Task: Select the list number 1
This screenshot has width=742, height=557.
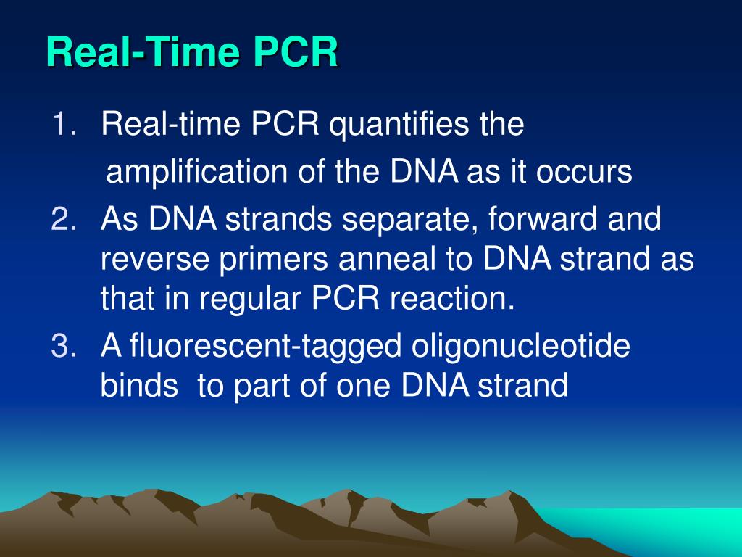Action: pos(64,123)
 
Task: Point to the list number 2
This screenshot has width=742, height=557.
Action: pos(64,219)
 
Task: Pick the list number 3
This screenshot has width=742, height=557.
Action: pos(64,345)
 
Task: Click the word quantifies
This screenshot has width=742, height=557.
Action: pos(398,125)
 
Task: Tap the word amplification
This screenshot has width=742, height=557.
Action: pos(196,173)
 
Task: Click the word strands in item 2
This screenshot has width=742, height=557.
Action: pos(278,219)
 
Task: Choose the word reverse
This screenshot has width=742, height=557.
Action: pos(155,260)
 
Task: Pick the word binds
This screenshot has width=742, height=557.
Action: pos(140,384)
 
